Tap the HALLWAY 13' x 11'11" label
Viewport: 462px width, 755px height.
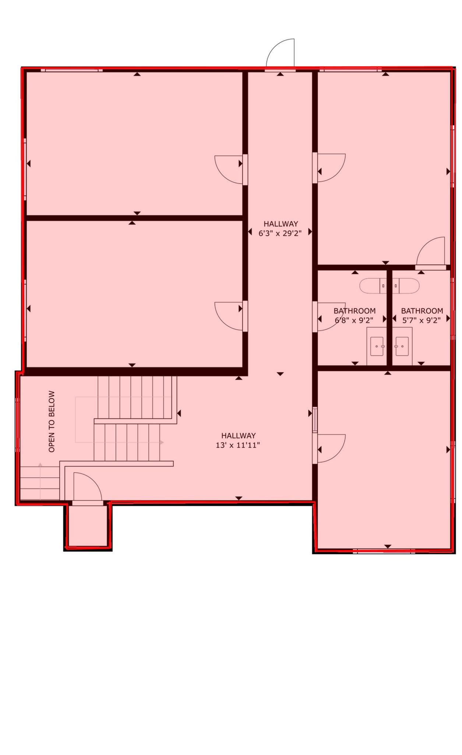click(x=238, y=440)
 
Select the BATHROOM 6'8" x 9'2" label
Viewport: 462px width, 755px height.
click(x=354, y=315)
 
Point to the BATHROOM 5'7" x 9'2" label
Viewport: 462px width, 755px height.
click(x=422, y=315)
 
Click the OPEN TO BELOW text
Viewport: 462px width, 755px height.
click(x=52, y=421)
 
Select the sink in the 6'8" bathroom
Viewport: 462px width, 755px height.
click(x=377, y=346)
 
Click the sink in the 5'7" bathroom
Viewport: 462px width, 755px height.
click(x=402, y=346)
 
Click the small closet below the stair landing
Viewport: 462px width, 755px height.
click(x=88, y=525)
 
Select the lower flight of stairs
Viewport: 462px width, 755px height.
click(x=127, y=442)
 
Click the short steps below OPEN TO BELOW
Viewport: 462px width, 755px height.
click(x=40, y=483)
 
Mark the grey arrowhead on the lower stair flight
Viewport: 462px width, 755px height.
click(x=162, y=442)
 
